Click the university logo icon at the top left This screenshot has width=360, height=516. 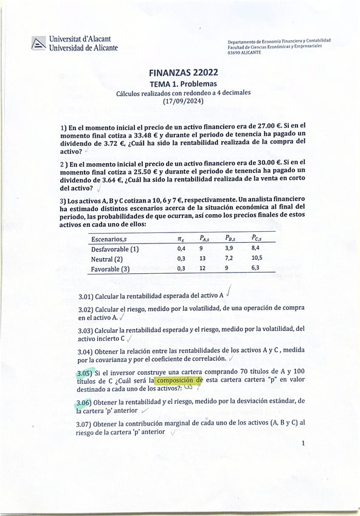pyautogui.click(x=38, y=43)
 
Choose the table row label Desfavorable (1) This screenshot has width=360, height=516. pyautogui.click(x=115, y=248)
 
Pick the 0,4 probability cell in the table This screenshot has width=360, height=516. pyautogui.click(x=181, y=248)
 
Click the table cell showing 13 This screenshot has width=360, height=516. pyautogui.click(x=203, y=259)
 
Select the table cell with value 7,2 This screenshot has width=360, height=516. pyautogui.click(x=229, y=259)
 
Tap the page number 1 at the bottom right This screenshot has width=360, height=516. pyautogui.click(x=303, y=444)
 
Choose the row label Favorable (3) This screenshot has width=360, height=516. pyautogui.click(x=111, y=269)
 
